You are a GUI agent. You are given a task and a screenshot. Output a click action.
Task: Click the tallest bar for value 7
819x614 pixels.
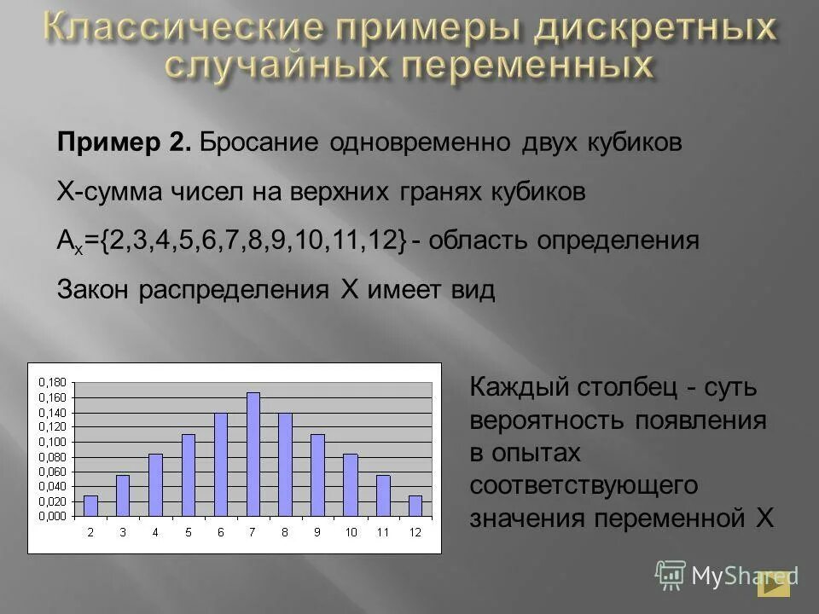[253, 454]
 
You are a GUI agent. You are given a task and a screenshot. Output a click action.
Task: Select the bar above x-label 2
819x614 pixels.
[90, 506]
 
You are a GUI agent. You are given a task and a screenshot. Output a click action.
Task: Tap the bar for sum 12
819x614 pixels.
[415, 506]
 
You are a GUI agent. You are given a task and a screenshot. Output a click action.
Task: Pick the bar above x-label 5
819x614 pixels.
[189, 475]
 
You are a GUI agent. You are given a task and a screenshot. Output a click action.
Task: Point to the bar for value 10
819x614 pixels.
[351, 484]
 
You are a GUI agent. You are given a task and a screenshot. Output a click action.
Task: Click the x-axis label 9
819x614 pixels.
[317, 532]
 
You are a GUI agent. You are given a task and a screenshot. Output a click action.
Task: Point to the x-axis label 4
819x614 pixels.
[155, 532]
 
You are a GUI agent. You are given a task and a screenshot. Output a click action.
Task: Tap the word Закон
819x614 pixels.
[92, 290]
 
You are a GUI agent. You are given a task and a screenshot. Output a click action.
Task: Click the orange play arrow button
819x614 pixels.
[775, 583]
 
